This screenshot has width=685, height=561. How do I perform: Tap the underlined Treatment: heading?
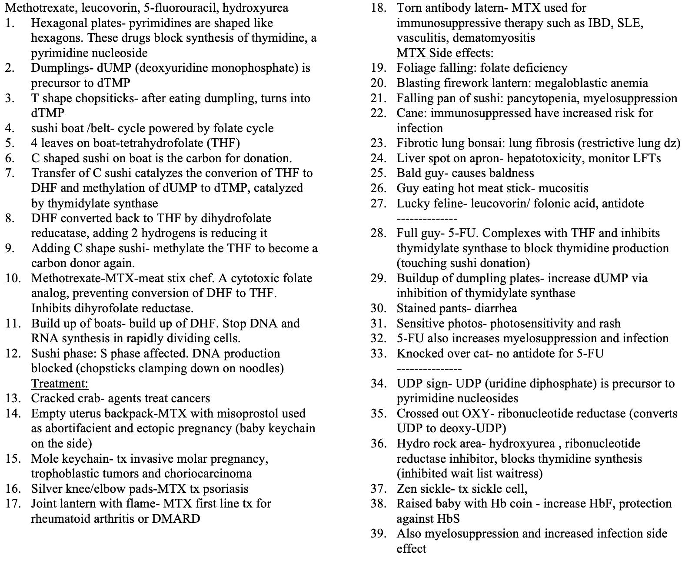click(60, 384)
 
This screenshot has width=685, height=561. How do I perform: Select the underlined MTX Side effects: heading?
click(445, 53)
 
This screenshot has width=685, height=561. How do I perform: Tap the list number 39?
click(379, 534)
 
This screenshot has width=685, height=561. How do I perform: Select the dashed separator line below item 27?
click(426, 219)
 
